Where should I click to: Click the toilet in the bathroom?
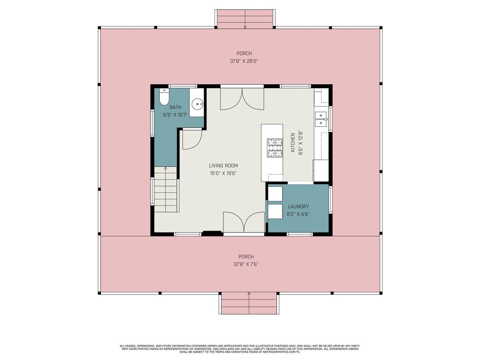tap(164, 97)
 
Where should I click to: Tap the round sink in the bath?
tap(197, 104)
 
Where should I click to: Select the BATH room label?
tap(176, 107)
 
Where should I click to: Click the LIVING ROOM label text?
tap(223, 166)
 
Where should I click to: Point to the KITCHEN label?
tap(293, 142)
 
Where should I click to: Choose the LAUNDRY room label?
tap(298, 206)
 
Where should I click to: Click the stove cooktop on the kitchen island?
tap(274, 148)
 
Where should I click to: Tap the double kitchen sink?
tap(321, 120)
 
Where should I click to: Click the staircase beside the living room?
tap(166, 189)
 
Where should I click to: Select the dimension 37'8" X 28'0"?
tap(244, 61)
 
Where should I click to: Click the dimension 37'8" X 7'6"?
tap(246, 264)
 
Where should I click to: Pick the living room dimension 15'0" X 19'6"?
tap(223, 173)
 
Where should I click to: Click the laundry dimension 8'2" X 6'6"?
tap(298, 214)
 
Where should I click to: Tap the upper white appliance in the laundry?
tap(275, 193)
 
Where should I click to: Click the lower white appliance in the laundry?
tap(275, 211)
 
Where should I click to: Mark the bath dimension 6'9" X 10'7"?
tap(176, 115)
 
